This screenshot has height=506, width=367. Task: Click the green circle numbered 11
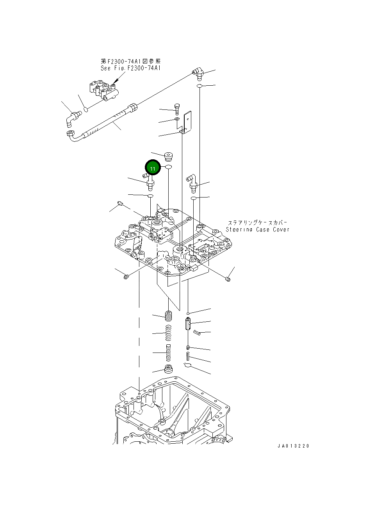[153, 168]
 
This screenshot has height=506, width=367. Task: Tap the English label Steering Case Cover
[258, 230]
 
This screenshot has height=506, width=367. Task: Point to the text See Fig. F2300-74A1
[130, 68]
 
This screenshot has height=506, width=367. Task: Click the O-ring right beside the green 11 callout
[169, 167]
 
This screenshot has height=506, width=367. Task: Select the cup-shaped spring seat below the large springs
[169, 369]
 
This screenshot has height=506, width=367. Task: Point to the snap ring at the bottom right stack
[187, 365]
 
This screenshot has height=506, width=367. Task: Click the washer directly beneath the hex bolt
[176, 119]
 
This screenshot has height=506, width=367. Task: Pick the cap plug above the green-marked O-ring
[169, 156]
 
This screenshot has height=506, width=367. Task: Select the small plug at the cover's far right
[228, 278]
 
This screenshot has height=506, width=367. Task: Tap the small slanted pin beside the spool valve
[197, 332]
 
